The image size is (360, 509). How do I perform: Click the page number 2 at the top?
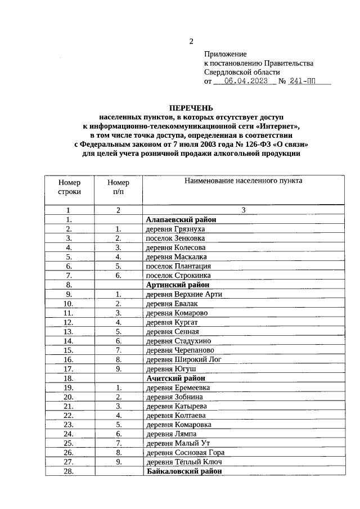click(x=191, y=42)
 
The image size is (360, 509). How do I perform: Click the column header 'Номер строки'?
click(x=69, y=187)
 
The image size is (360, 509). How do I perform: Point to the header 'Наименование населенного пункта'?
click(x=243, y=181)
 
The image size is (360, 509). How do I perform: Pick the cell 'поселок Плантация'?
click(x=178, y=265)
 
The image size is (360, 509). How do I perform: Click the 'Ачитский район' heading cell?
click(x=175, y=378)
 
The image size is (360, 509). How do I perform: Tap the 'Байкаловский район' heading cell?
click(x=184, y=471)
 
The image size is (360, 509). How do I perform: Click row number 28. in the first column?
click(x=69, y=471)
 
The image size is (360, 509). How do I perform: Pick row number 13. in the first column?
click(x=69, y=331)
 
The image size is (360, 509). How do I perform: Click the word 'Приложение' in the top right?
click(x=226, y=54)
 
